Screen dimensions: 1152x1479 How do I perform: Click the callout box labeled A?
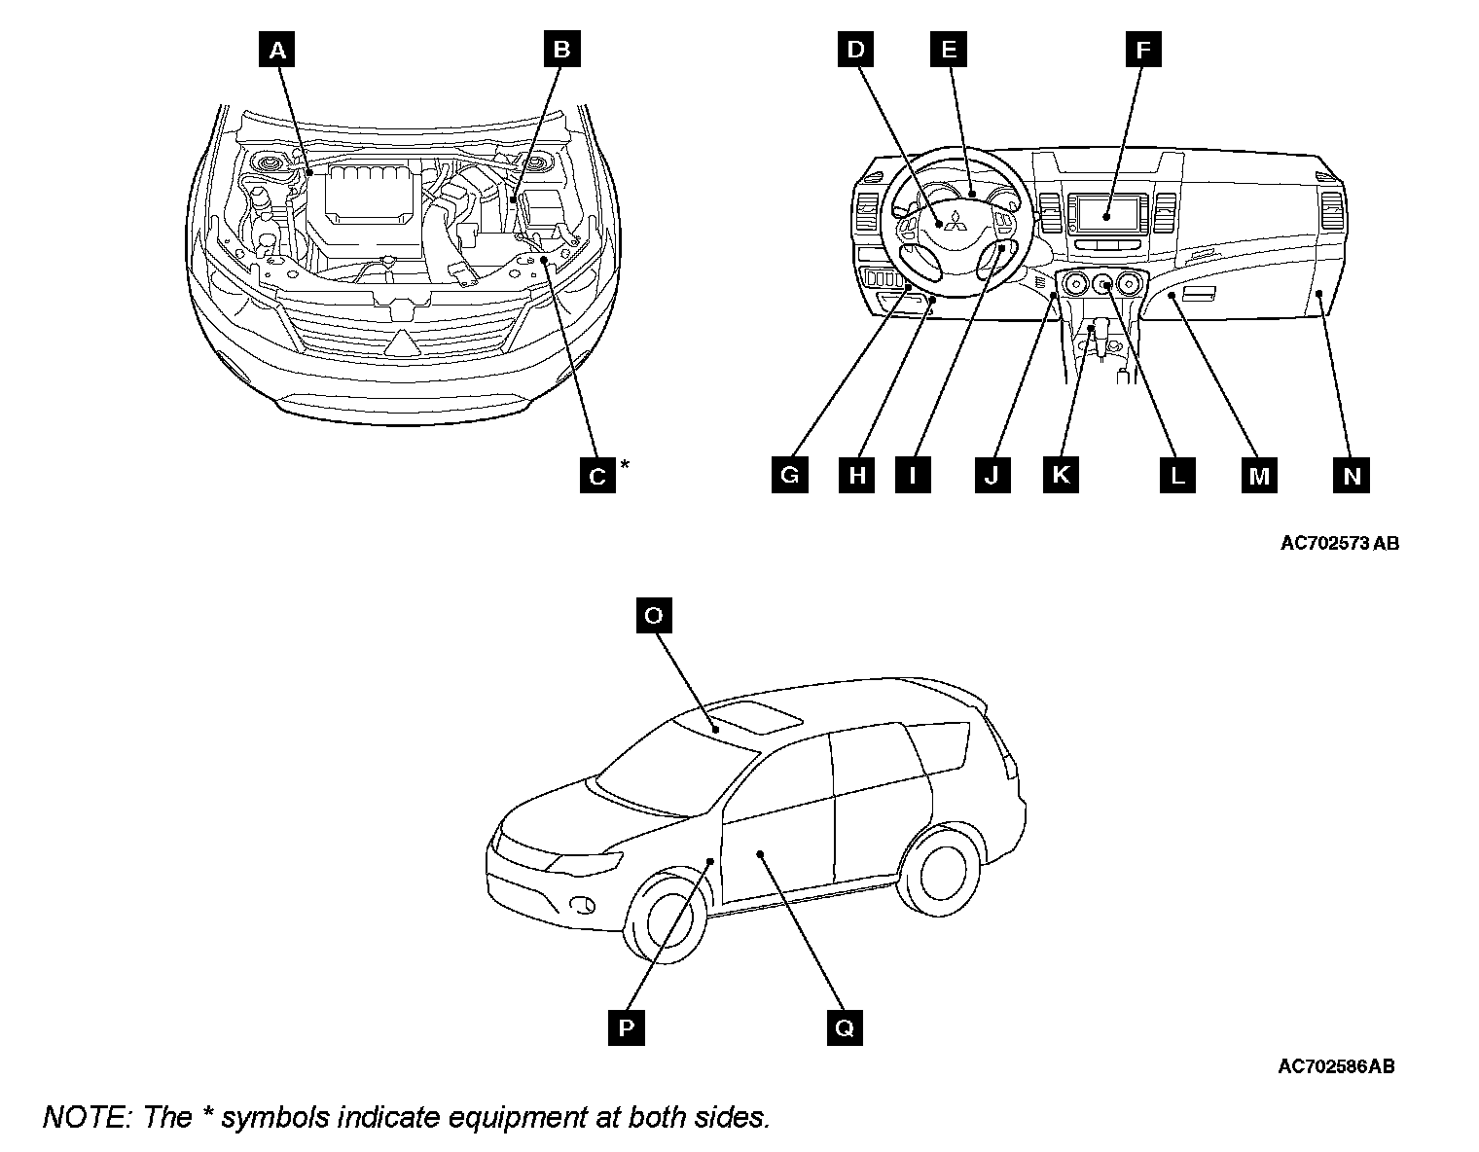click(x=277, y=50)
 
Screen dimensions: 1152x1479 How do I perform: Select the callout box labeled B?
click(x=561, y=50)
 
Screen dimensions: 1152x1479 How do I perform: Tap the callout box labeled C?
click(x=597, y=475)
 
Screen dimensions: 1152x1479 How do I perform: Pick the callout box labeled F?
click(x=1143, y=50)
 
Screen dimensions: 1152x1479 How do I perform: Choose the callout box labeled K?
click(x=1061, y=475)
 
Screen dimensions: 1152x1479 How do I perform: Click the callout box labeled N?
click(x=1352, y=475)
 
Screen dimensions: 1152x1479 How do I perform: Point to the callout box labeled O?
click(x=653, y=615)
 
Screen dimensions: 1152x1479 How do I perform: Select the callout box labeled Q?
click(x=844, y=1026)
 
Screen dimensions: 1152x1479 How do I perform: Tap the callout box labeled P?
click(x=626, y=1026)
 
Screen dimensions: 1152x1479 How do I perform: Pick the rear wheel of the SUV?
click(x=941, y=869)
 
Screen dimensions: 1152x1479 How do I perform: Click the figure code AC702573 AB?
click(x=1339, y=543)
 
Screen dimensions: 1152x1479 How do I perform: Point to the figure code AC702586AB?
click(x=1336, y=1066)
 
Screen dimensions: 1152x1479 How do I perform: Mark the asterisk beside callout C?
click(x=625, y=464)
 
